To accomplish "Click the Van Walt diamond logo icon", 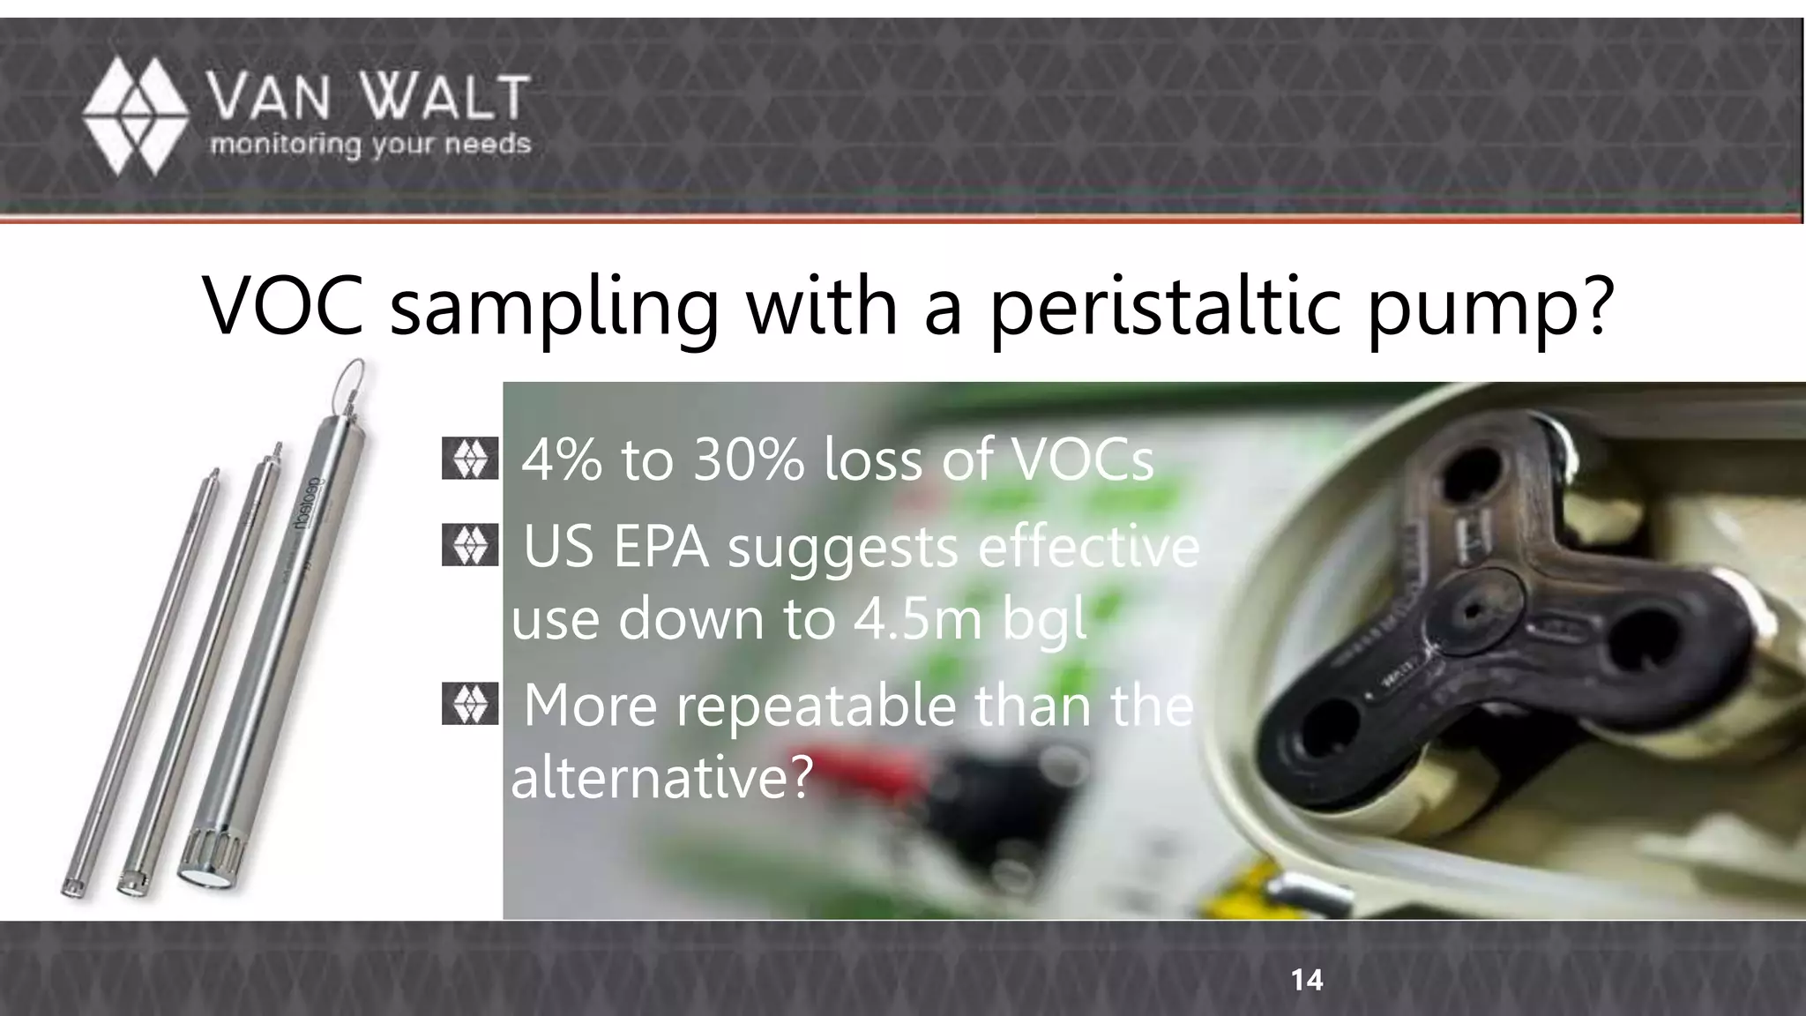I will click(x=134, y=116).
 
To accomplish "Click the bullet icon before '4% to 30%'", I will click(x=469, y=459).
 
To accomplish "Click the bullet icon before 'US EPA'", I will click(x=469, y=546).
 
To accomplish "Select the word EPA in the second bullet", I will click(x=660, y=548).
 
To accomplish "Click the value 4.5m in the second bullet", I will click(x=917, y=618).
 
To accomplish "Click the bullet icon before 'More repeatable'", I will click(x=469, y=704).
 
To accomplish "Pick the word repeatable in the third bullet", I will click(x=802, y=706).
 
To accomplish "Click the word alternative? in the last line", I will click(x=660, y=777).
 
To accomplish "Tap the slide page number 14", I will click(x=1306, y=980).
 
